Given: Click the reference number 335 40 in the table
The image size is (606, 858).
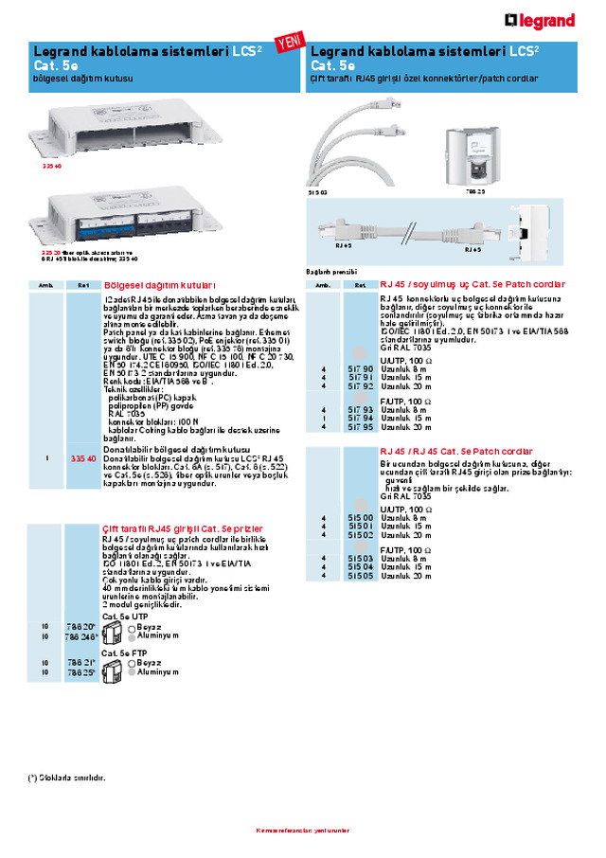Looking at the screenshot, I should coord(83,458).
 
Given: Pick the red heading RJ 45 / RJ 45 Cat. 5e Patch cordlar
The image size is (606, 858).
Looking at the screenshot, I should coord(455,451).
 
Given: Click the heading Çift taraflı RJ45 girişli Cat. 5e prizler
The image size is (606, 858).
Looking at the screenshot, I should coord(183,527).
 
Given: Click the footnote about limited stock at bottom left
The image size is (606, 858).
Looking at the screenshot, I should coord(67,778).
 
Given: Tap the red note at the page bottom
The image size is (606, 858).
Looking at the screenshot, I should coord(303,831).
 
